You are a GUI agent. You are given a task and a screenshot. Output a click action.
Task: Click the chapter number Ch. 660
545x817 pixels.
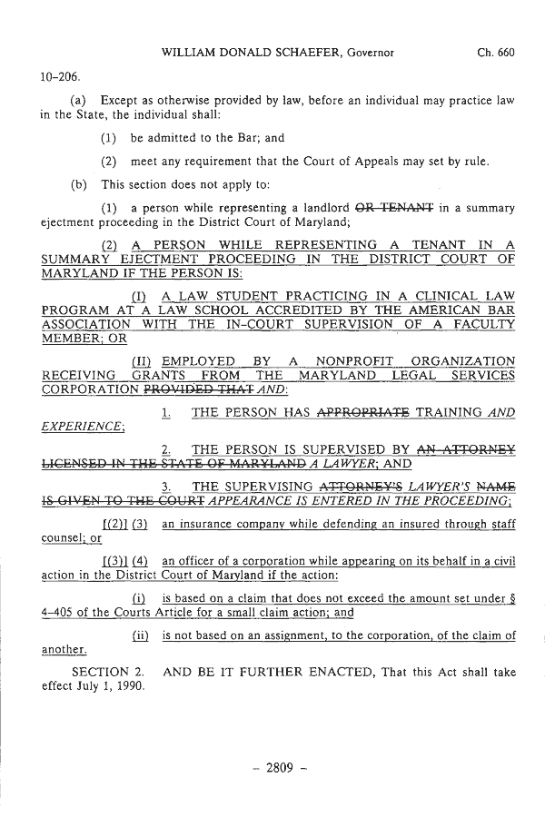[495, 53]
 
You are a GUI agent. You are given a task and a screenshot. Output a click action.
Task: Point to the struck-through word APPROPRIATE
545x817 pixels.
[362, 413]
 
